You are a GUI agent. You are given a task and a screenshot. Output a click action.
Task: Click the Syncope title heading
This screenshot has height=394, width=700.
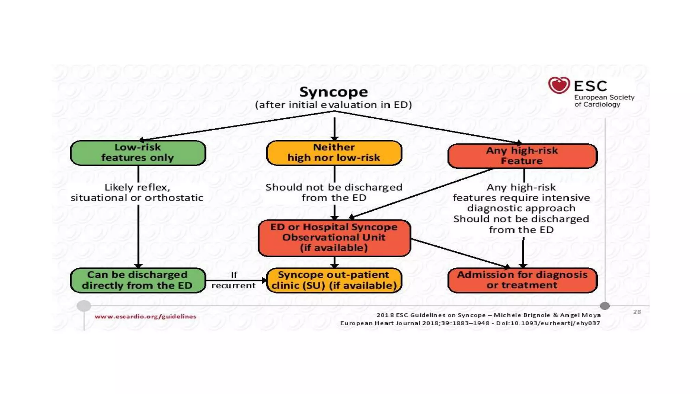point(334,92)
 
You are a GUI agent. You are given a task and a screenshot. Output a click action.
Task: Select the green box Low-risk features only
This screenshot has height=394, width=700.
point(138,153)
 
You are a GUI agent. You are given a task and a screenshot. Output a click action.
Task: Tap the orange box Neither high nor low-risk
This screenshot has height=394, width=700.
point(334,153)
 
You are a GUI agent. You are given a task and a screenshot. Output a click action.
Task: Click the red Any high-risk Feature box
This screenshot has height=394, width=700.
point(522,156)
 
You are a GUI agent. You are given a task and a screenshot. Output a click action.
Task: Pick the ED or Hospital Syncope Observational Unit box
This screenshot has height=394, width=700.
point(334,238)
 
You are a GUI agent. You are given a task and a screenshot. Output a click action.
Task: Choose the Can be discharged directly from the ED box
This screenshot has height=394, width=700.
point(138,280)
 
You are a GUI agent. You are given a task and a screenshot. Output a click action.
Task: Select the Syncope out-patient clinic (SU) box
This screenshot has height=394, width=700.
point(334,280)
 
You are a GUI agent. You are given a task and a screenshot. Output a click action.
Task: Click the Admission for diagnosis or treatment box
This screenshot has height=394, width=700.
point(522,280)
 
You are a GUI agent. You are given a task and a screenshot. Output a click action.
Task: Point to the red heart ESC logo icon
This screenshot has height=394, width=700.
point(559,85)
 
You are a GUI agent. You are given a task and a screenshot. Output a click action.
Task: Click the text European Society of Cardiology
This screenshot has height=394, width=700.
point(604,101)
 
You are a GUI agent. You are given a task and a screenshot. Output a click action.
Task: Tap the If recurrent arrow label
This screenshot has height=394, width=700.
point(234,280)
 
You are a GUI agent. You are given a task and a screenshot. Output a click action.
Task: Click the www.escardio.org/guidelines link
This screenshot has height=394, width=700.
point(145,317)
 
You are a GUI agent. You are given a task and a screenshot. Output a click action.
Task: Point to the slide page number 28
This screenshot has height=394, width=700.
point(637,312)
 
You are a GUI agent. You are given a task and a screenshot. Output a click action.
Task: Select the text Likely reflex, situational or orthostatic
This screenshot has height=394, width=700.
point(137,193)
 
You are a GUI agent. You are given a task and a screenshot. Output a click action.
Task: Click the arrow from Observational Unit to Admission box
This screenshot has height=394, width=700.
point(460,253)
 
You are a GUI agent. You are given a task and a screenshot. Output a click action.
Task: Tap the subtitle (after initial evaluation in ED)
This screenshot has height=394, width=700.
point(334,105)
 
